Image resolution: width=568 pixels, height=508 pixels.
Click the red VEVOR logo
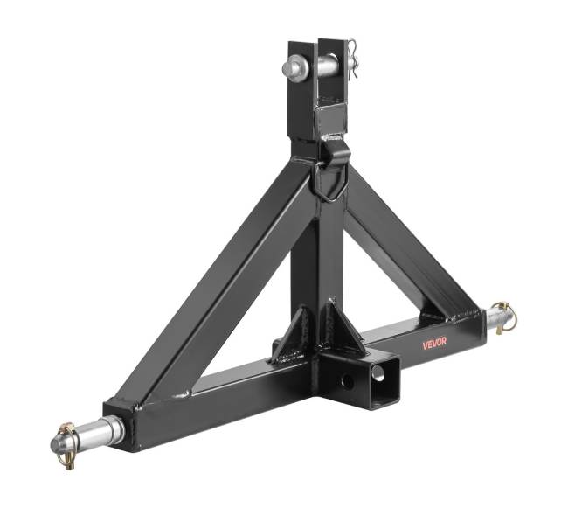click(x=434, y=343)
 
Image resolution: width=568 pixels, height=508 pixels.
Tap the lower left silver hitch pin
click(x=88, y=434)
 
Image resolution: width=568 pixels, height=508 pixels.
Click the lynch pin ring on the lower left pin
click(x=68, y=445)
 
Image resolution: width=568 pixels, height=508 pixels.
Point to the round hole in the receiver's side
click(x=348, y=381)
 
